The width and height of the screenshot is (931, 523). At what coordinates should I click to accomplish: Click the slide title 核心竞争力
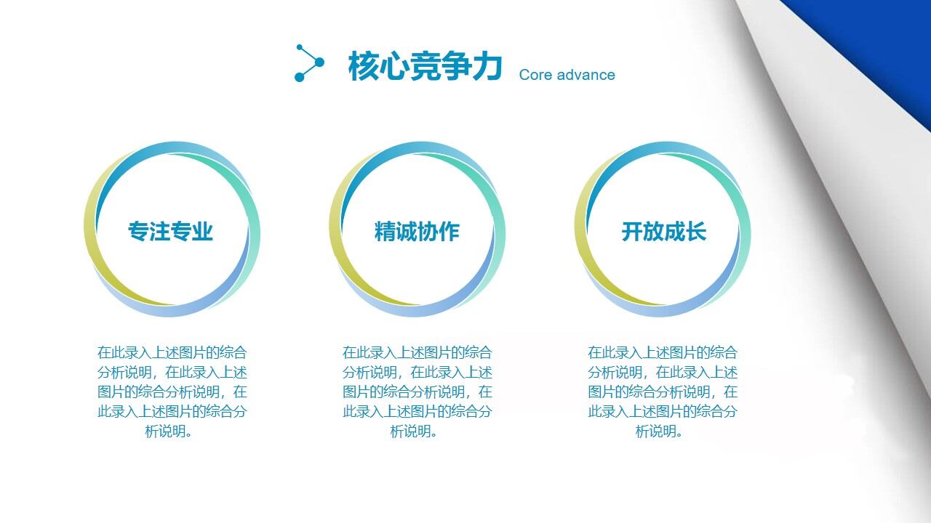pyautogui.click(x=425, y=66)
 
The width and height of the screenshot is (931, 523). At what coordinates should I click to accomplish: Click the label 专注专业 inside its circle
pyautogui.click(x=170, y=231)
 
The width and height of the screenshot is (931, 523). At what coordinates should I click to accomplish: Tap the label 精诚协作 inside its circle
pyautogui.click(x=417, y=231)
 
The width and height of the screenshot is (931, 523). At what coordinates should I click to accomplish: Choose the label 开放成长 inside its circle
pyautogui.click(x=663, y=231)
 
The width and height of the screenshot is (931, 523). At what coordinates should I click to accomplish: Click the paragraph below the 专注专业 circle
pyautogui.click(x=172, y=392)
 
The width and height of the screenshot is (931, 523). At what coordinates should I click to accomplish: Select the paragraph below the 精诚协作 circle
pyautogui.click(x=417, y=392)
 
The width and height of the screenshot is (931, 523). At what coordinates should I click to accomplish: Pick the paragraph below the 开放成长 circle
pyautogui.click(x=662, y=392)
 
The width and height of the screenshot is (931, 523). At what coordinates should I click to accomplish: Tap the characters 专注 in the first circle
pyautogui.click(x=149, y=231)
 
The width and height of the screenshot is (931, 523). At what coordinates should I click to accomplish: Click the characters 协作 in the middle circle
pyautogui.click(x=438, y=231)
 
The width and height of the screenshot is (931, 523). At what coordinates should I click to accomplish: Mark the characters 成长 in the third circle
pyautogui.click(x=685, y=231)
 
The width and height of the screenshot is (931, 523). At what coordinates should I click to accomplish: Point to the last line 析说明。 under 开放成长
pyautogui.click(x=660, y=431)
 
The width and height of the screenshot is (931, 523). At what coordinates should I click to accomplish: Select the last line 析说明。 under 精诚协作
pyautogui.click(x=415, y=431)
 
